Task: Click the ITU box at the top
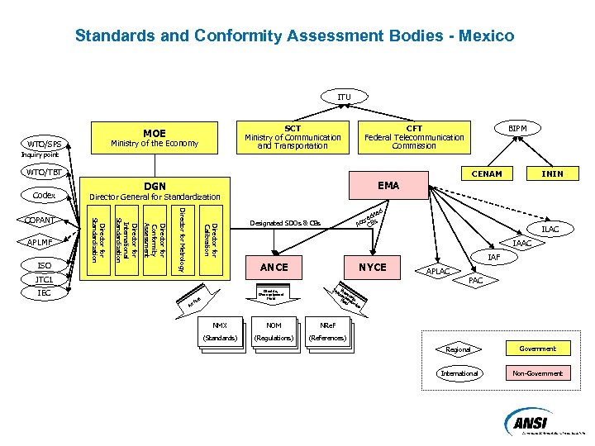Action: coord(344,97)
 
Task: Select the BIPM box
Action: coord(518,129)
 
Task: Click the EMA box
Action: coord(388,186)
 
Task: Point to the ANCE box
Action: coord(274,267)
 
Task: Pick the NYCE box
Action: coord(372,267)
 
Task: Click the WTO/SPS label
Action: coord(44,144)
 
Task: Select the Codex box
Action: coord(44,196)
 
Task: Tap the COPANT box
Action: coord(40,220)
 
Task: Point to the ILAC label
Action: coord(550,229)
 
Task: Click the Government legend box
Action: coord(537,349)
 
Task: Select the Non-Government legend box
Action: coord(537,373)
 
